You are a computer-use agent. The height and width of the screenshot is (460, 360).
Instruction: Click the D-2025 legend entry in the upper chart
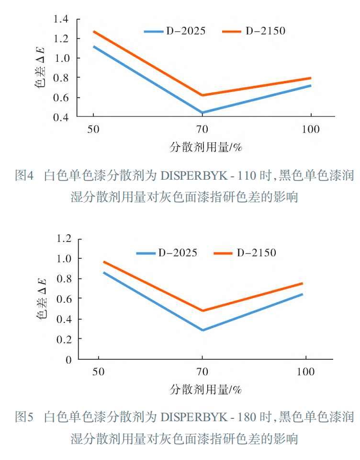pyautogui.click(x=175, y=32)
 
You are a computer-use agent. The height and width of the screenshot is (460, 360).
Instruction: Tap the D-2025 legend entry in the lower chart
pyautogui.click(x=167, y=253)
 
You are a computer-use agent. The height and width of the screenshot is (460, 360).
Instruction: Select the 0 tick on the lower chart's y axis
pyautogui.click(x=68, y=359)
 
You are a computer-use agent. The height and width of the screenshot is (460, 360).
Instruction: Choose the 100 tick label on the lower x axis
pyautogui.click(x=305, y=372)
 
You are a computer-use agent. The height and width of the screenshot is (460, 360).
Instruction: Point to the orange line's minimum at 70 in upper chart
pyautogui.click(x=202, y=95)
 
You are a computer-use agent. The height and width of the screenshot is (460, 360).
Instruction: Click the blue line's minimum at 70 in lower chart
pyautogui.click(x=202, y=330)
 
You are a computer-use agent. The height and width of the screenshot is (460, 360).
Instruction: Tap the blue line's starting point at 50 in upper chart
pyautogui.click(x=93, y=46)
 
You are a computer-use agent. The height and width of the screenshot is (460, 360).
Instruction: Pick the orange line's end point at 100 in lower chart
pyautogui.click(x=302, y=283)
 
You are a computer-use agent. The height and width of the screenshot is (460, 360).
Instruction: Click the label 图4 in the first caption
pyautogui.click(x=24, y=176)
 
